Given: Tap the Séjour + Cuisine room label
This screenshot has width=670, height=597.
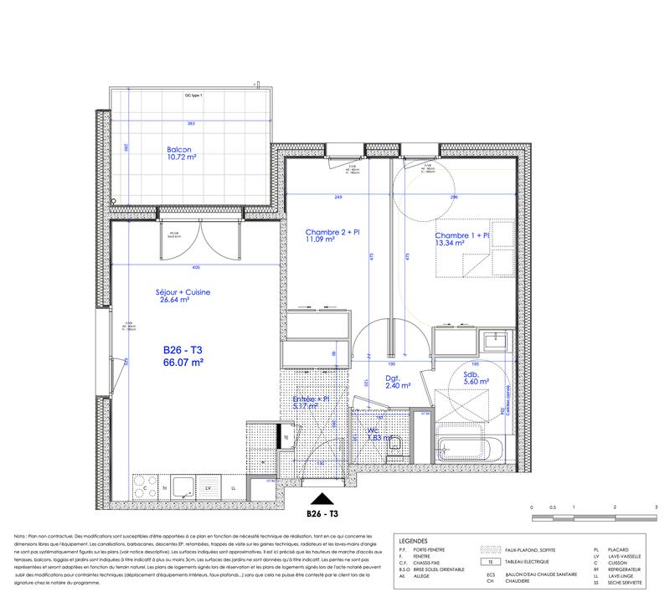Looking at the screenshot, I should [x=183, y=296].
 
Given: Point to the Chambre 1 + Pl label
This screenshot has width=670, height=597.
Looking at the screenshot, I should [x=461, y=240].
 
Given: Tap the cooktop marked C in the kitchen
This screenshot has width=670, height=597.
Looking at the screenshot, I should [x=146, y=486].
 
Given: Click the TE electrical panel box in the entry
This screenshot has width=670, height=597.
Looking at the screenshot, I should [x=286, y=436].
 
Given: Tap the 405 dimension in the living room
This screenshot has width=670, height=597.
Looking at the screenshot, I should [x=195, y=268].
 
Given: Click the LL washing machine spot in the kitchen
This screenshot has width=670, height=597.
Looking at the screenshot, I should [x=233, y=486].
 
